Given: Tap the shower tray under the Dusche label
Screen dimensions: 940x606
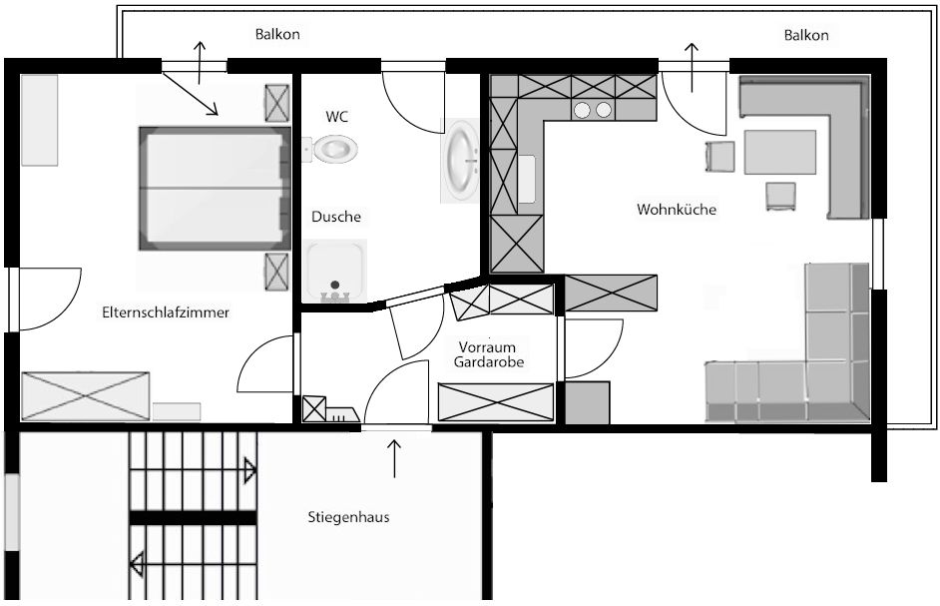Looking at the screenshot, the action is point(335,272).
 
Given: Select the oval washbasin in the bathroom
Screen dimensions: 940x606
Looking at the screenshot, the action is point(461,160).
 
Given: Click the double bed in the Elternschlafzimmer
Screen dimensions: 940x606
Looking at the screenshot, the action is point(213,188).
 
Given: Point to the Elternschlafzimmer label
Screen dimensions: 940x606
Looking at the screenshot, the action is point(166,312).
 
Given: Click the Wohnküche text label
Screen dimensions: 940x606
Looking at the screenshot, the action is point(677,210).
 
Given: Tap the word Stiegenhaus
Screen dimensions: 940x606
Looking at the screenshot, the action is point(348,517).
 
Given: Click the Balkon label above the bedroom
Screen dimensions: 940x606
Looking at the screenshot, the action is point(277,34).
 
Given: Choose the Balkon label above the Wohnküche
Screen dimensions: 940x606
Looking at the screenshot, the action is point(806,35).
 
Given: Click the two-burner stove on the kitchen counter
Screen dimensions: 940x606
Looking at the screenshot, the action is point(593,110).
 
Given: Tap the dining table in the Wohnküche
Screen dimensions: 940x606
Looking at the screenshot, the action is point(780,152).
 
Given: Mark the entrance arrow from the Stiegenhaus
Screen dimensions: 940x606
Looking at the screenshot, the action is point(394,459).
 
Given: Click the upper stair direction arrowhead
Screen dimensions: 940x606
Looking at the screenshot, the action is point(250,471).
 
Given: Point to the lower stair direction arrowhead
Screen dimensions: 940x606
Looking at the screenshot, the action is point(137,565).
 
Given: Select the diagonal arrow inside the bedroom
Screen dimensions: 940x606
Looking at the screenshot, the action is point(190,93).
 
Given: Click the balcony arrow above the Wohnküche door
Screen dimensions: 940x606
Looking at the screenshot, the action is point(692,67).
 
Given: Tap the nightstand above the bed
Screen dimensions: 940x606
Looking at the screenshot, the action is point(277,103).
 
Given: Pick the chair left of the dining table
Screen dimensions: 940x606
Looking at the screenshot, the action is point(719,157).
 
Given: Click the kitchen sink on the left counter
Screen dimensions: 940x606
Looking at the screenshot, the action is point(527,179).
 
